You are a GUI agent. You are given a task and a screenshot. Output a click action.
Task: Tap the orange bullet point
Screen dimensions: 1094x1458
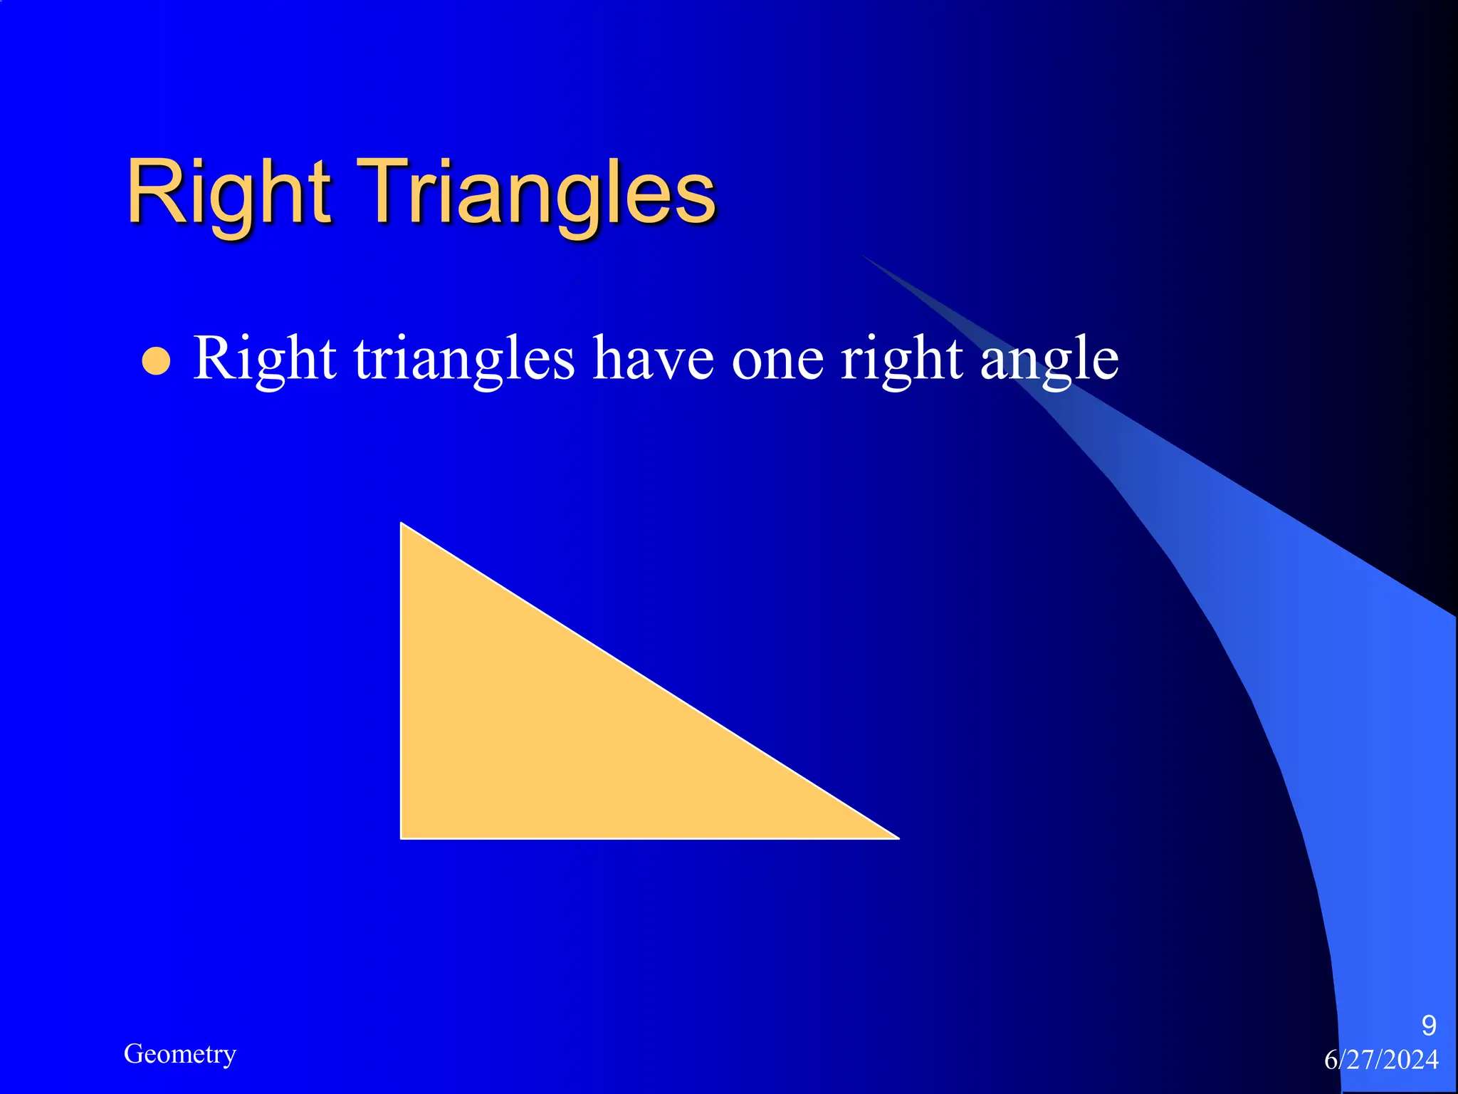click(x=156, y=360)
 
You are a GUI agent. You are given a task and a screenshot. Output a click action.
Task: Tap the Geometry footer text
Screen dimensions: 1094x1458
click(x=179, y=1053)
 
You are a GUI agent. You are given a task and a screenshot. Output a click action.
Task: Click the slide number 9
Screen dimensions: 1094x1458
click(x=1428, y=1026)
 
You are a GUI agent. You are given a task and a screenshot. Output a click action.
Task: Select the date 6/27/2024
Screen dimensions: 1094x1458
click(x=1381, y=1060)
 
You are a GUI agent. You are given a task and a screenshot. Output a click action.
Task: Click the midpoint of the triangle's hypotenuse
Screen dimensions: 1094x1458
click(x=650, y=681)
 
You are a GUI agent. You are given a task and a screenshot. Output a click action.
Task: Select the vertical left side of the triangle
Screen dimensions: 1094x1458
click(x=402, y=681)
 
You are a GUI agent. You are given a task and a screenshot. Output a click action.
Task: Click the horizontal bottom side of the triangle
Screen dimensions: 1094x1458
click(x=649, y=838)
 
